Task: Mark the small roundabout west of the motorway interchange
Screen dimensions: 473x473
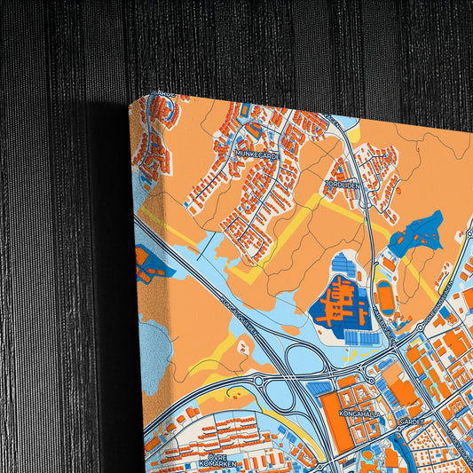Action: point(258,382)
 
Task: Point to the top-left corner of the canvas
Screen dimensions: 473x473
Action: point(130,103)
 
